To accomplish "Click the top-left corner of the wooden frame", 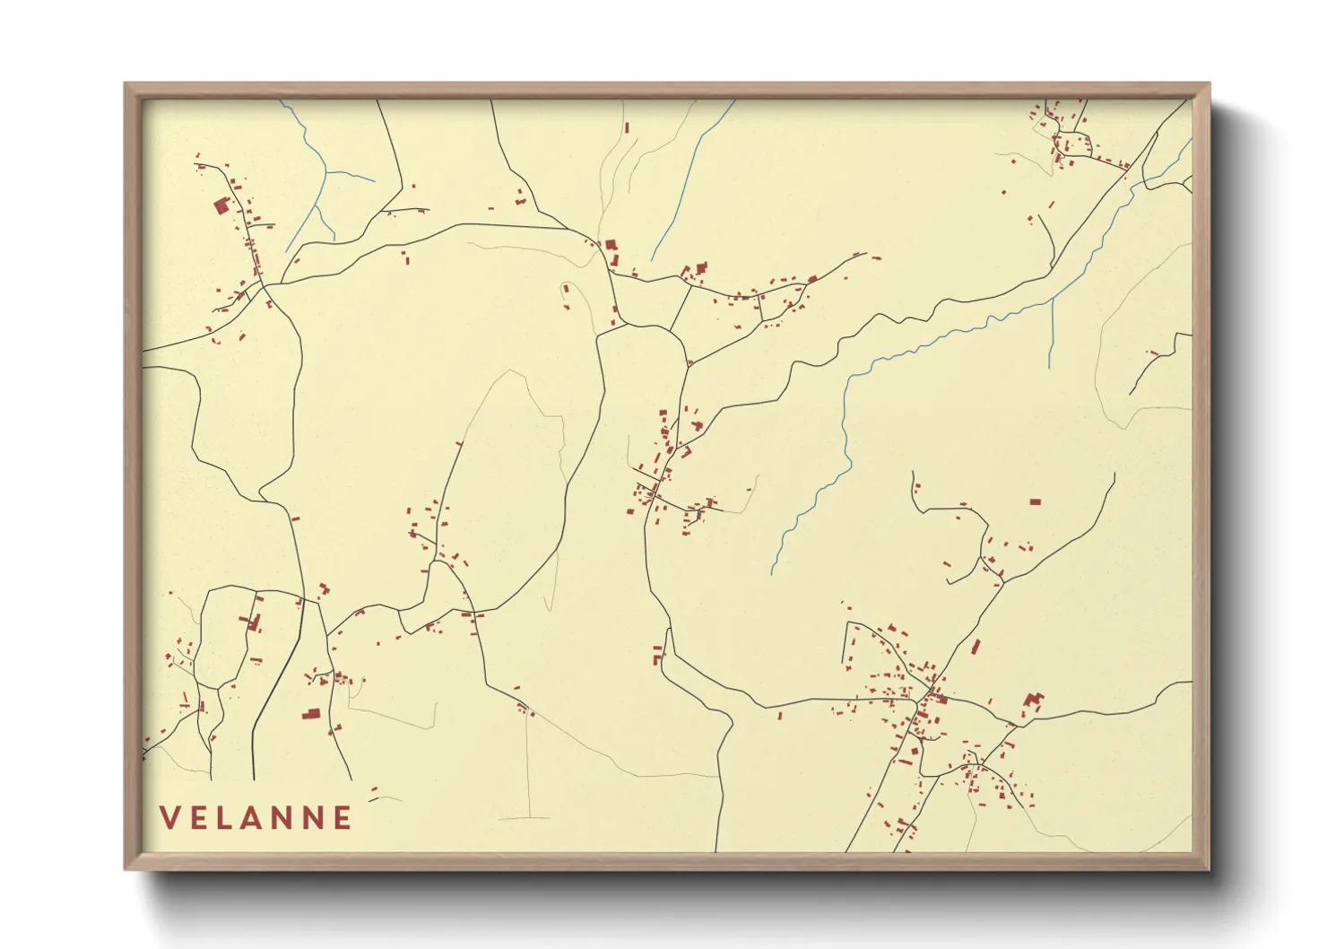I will (x=126, y=84).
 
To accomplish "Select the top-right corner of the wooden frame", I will (x=1209, y=84).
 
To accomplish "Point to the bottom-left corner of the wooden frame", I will (x=126, y=868).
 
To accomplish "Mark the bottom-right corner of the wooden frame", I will (x=1209, y=868).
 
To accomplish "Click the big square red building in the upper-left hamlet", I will (x=221, y=206).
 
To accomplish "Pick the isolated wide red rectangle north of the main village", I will (x=1035, y=501).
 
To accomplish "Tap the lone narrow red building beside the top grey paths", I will (x=626, y=129).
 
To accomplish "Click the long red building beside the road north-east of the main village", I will (x=976, y=646).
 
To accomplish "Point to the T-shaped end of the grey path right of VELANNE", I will (x=525, y=817).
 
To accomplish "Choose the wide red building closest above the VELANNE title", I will (x=311, y=714).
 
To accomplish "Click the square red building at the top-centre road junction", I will (x=611, y=244).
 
